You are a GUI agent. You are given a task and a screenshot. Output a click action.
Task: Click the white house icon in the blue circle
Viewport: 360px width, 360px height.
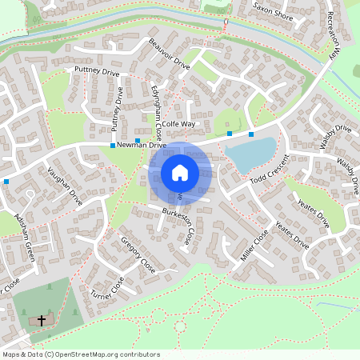click(x=180, y=172)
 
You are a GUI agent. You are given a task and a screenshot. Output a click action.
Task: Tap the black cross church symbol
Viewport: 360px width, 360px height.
click(x=42, y=320)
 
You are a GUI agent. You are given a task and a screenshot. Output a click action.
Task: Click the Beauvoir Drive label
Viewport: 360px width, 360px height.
click(x=169, y=54)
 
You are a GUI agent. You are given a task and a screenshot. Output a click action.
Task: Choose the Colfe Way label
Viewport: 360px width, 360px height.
click(x=178, y=125)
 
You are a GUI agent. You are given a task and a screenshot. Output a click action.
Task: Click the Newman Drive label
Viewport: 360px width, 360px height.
click(x=141, y=146)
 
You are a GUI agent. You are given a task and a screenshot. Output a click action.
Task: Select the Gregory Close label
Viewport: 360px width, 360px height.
click(x=138, y=252)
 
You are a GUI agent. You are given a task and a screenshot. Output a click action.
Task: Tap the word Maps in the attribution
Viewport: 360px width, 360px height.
click(x=11, y=354)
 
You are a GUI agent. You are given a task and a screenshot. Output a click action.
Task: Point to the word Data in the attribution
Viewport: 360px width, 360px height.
click(x=36, y=354)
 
